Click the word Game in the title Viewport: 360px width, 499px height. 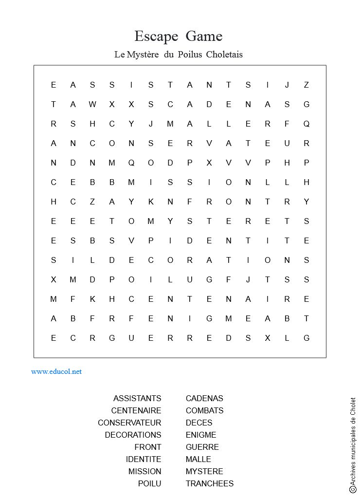coord(204,37)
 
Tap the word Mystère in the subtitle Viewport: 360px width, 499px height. coord(143,55)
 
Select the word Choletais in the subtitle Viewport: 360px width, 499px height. coord(224,55)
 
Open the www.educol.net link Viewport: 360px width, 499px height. coord(56,371)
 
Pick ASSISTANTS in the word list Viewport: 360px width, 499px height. coord(137,398)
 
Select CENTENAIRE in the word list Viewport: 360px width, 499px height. coord(136,410)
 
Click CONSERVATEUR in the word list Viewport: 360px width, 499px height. coord(129,423)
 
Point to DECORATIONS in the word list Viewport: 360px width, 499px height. coord(133,435)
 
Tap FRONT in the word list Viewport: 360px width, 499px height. coord(148,447)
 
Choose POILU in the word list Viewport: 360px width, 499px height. coord(149,483)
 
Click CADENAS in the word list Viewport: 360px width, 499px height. coord(204,398)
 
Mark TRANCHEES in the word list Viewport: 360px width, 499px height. coord(210,483)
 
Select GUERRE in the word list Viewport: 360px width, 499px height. coord(202,447)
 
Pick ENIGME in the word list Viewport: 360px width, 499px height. coord(201,435)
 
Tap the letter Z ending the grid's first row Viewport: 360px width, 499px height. coord(306,85)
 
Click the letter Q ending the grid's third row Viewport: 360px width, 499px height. coord(306,124)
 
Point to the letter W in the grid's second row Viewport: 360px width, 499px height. coord(92,104)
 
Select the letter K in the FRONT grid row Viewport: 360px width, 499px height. coord(151,202)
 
